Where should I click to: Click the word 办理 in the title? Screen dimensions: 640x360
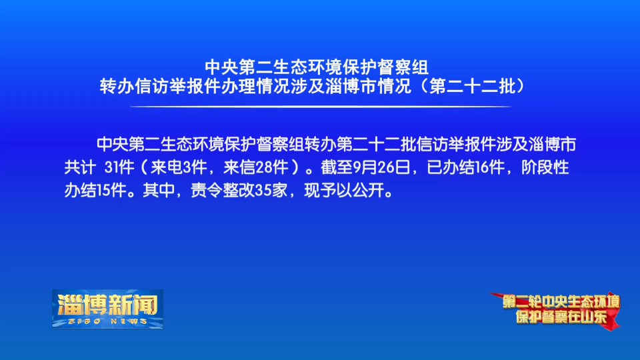tap(239, 87)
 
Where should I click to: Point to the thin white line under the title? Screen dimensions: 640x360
tap(320, 107)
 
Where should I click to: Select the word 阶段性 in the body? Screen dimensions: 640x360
tap(545, 167)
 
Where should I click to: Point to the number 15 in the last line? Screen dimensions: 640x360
tap(103, 191)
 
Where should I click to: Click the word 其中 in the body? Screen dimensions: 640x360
tap(159, 191)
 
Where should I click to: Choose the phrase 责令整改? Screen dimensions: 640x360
tap(223, 191)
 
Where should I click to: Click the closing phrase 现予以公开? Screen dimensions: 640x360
tap(344, 191)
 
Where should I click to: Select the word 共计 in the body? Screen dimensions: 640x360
tap(80, 167)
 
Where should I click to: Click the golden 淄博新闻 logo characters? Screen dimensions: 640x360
tap(108, 304)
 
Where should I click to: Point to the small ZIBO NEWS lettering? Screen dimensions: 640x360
tap(108, 321)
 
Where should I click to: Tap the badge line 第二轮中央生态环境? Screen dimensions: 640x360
tap(561, 302)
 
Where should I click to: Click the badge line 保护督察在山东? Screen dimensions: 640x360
tap(561, 317)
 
